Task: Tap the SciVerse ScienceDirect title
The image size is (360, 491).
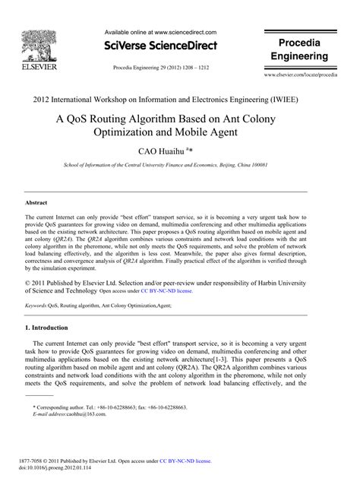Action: [x=159, y=46]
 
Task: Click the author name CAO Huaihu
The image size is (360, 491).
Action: [x=177, y=152]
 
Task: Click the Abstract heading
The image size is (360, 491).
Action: [x=37, y=203]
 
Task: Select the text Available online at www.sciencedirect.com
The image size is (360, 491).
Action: [x=159, y=33]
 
